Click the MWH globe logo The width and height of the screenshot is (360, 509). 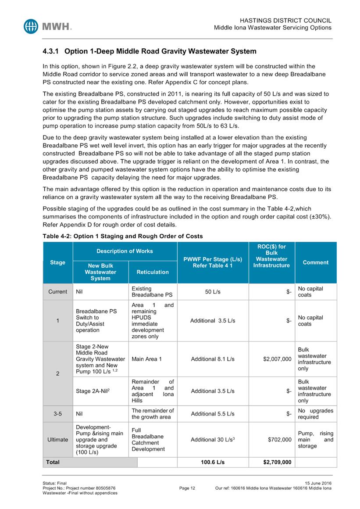point(32,26)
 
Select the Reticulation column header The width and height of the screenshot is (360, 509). point(153,272)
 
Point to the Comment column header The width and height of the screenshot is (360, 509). point(315,262)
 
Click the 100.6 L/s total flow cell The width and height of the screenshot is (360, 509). point(213,462)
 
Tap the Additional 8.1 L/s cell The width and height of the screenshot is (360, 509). point(213,359)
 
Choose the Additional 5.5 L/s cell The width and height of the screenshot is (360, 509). point(213,414)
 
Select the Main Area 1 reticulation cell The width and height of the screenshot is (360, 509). point(147,359)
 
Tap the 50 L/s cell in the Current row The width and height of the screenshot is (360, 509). point(213,292)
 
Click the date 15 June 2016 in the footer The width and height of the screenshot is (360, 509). point(315,483)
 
